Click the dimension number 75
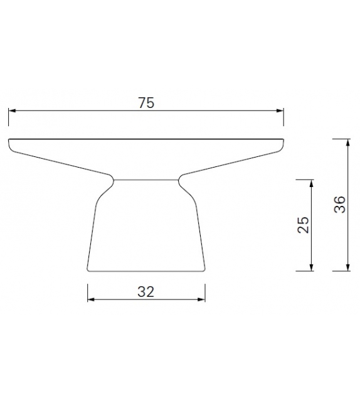(146, 104)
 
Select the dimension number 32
(146, 291)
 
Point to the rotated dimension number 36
(339, 205)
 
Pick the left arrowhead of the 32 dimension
(90, 299)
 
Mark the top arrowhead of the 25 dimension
(312, 182)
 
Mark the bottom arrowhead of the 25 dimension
(312, 268)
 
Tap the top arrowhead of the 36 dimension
(347, 142)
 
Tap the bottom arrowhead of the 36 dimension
(347, 268)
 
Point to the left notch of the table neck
(114, 180)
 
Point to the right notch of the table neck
(179, 180)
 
